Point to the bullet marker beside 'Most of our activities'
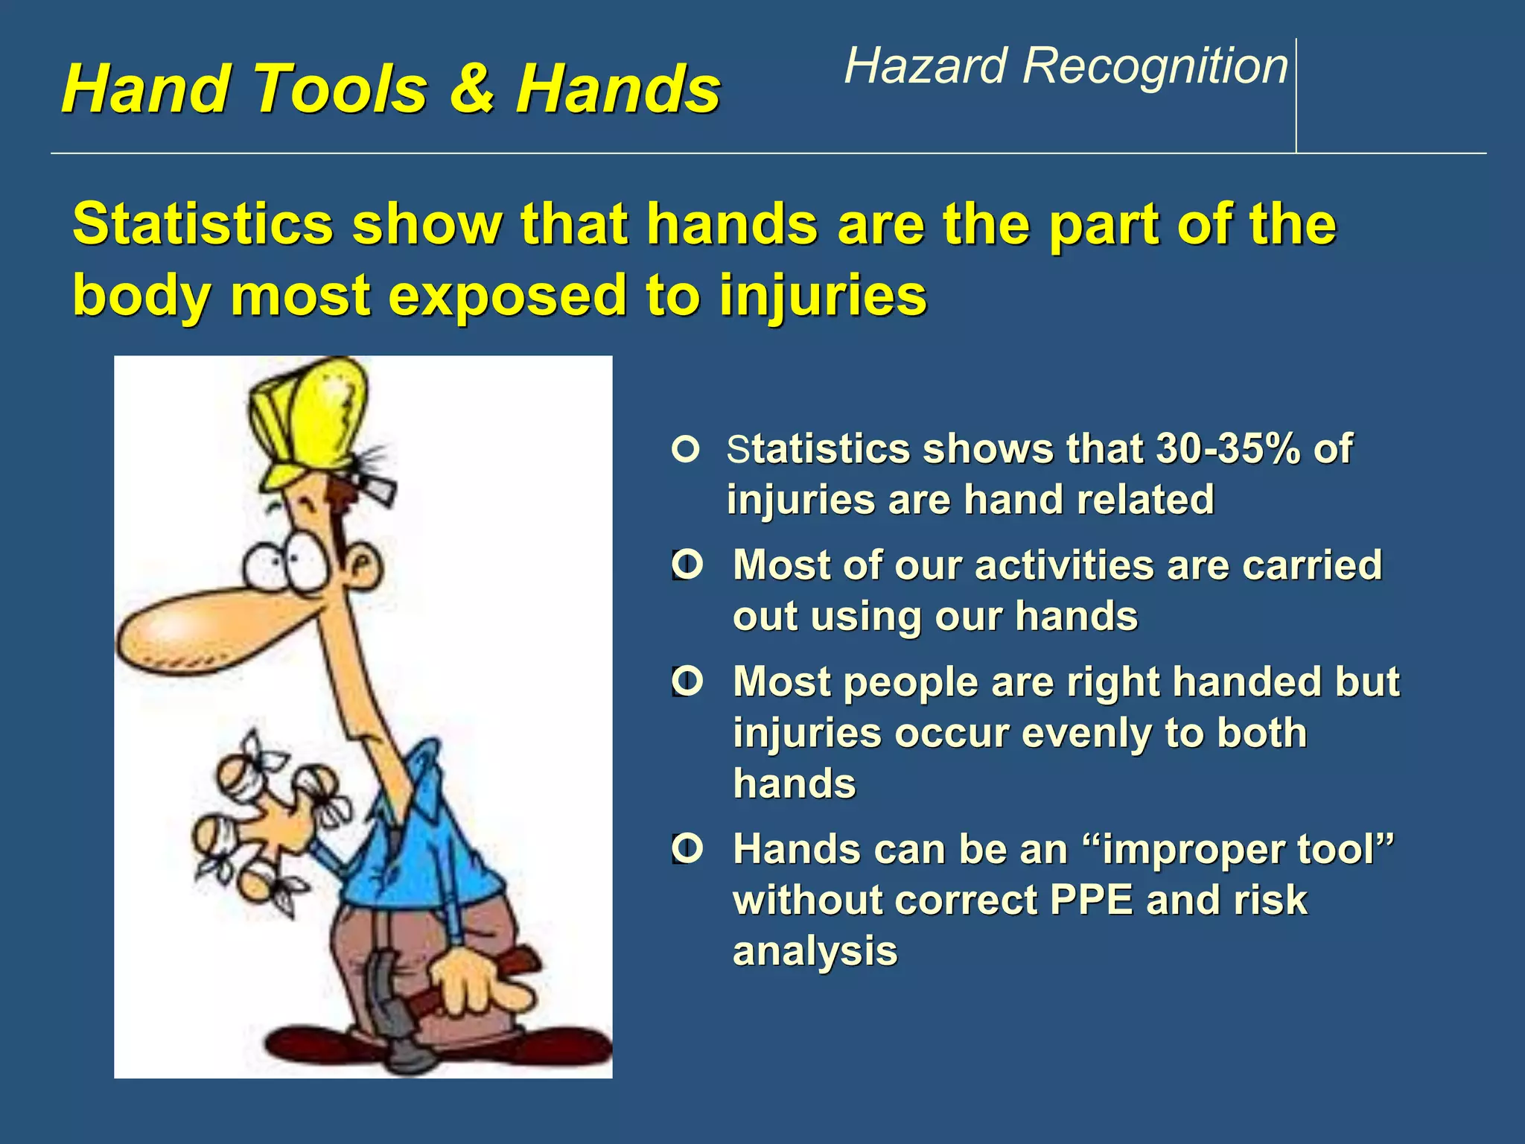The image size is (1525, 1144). coord(687,565)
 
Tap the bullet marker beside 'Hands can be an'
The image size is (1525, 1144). coord(687,848)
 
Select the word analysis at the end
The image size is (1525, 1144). coord(815,951)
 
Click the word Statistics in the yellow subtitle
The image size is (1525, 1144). coord(203,224)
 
